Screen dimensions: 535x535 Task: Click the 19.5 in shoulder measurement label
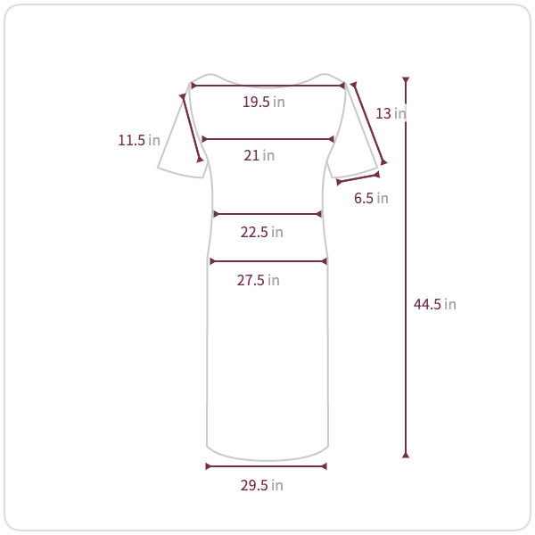(263, 102)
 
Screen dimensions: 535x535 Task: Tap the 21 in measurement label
(259, 155)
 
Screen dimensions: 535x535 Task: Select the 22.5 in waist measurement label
(261, 233)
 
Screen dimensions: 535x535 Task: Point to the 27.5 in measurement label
(259, 281)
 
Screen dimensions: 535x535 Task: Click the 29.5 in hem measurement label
(261, 486)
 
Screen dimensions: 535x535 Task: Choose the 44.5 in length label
(435, 304)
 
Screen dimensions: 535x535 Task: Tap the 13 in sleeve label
(391, 113)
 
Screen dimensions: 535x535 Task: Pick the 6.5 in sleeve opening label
(371, 198)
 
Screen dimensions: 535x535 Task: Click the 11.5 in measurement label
(139, 140)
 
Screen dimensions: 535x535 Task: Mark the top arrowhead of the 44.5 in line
(406, 80)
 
